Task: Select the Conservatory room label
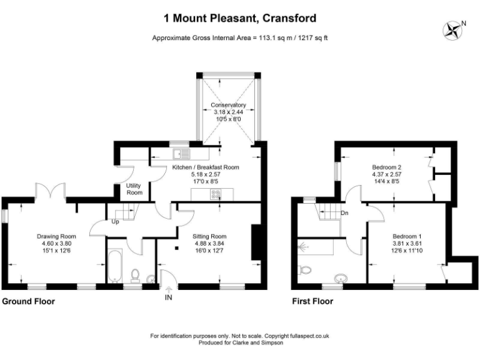pyautogui.click(x=228, y=105)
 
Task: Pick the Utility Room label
pyautogui.click(x=134, y=189)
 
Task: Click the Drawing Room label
pyautogui.click(x=56, y=236)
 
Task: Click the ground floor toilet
pyautogui.click(x=135, y=276)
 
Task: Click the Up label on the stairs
pyautogui.click(x=115, y=221)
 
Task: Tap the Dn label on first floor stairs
pyautogui.click(x=344, y=213)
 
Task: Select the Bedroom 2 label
pyautogui.click(x=386, y=167)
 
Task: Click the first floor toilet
pyautogui.click(x=304, y=269)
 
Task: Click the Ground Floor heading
pyautogui.click(x=29, y=301)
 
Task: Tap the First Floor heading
pyautogui.click(x=312, y=301)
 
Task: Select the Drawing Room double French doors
pyautogui.click(x=50, y=190)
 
